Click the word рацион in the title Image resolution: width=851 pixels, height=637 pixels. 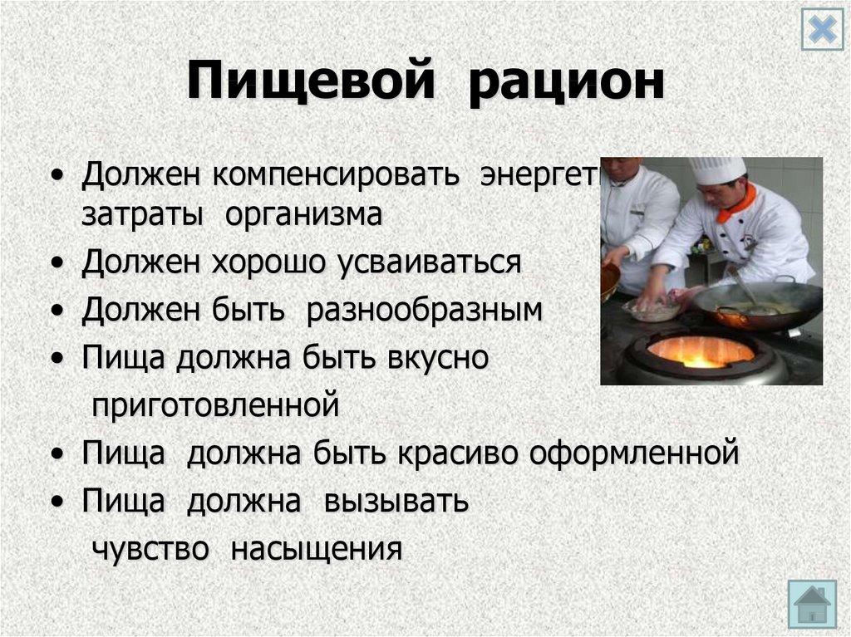[566, 85]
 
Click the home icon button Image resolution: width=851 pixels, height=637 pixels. [812, 604]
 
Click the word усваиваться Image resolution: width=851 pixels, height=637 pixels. [429, 263]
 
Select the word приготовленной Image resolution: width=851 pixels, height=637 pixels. [216, 406]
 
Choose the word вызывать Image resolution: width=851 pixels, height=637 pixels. [397, 502]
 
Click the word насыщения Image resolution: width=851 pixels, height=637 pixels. [317, 549]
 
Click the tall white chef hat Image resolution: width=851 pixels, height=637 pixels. [717, 169]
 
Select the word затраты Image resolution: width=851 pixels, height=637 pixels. [142, 215]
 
